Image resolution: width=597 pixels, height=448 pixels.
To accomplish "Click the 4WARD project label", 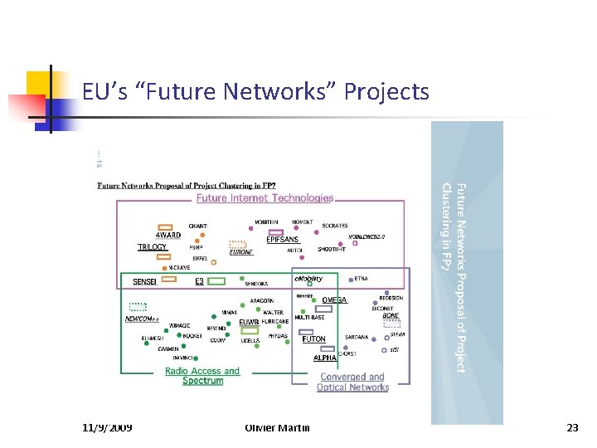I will coord(168,235).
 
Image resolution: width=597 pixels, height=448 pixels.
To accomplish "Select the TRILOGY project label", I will coord(152,247).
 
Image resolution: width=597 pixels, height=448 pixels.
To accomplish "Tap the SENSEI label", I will coord(144,282).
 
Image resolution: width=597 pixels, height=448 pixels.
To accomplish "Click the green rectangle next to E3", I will coord(216,281).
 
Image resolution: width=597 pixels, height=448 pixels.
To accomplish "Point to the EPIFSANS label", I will coord(282,240).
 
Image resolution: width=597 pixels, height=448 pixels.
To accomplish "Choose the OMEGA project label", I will coord(334,300).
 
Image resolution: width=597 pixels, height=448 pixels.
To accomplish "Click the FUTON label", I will coord(313,339).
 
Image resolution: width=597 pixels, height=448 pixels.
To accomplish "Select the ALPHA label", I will coord(324,358).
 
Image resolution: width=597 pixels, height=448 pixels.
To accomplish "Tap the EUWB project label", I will coord(249,322).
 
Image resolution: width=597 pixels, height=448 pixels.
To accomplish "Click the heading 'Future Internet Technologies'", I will coord(265,198).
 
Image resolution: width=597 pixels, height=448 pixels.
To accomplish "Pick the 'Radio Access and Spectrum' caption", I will coord(202,376).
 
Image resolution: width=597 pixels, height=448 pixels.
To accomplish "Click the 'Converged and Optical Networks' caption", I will coord(353,382).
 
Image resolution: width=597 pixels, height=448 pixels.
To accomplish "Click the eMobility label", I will coord(308,280).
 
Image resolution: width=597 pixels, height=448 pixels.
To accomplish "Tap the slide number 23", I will coord(572,427).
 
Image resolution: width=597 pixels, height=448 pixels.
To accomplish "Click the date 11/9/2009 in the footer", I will coord(108,427).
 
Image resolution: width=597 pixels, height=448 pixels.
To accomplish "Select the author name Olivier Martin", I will coord(278,427).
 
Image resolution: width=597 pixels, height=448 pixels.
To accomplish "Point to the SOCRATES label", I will coord(335,226).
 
